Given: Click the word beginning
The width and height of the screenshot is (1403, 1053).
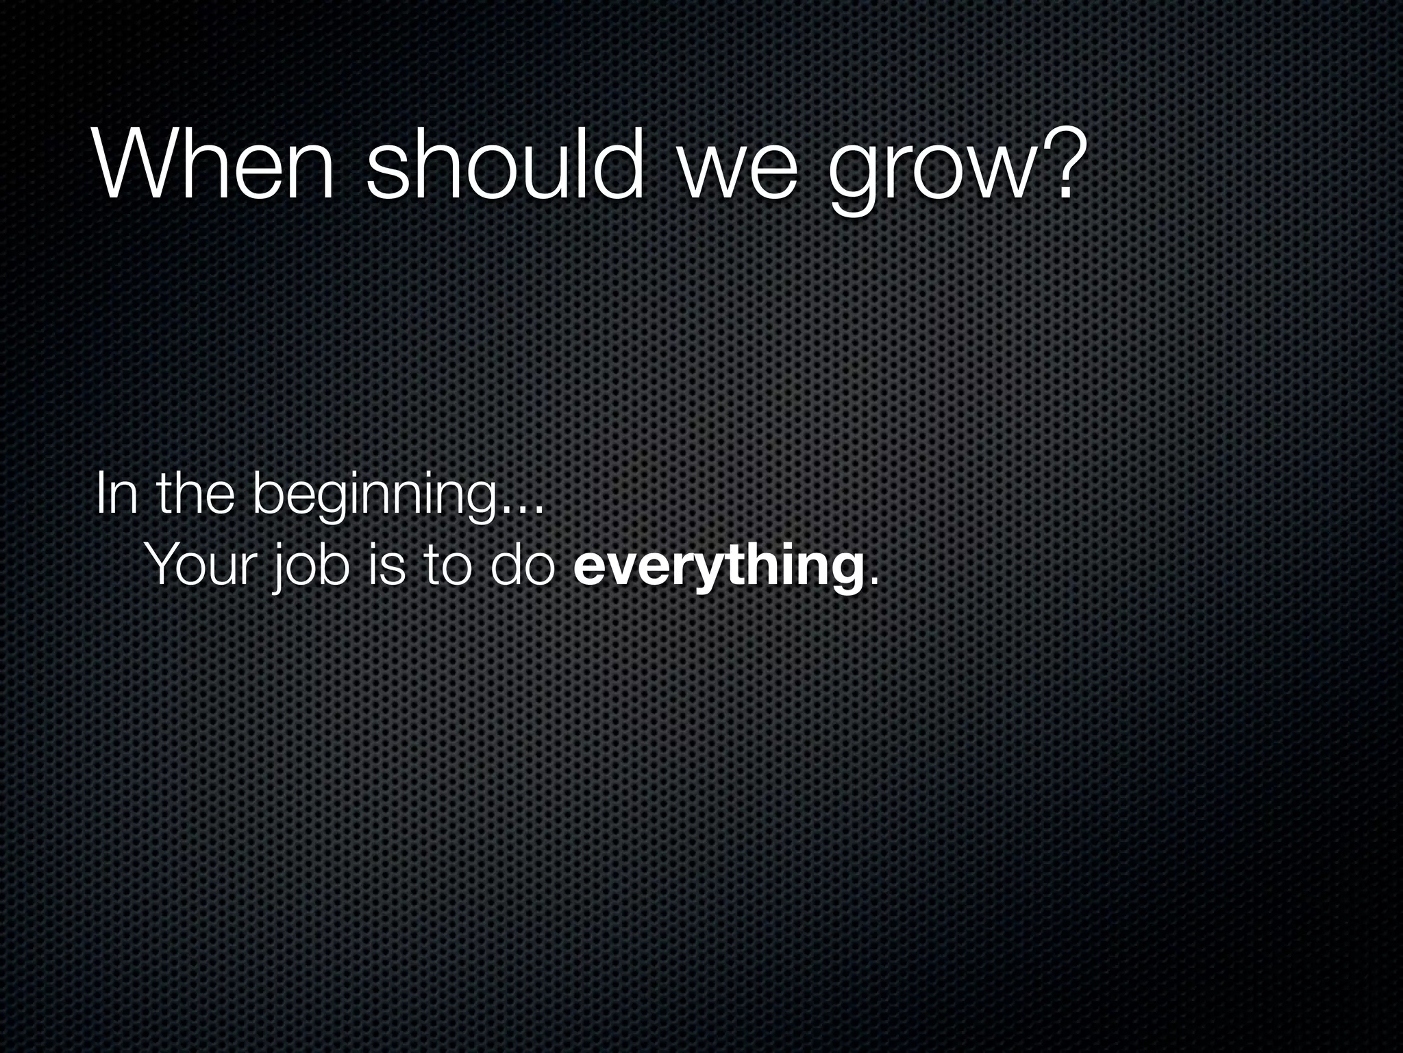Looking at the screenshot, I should pos(374,496).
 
